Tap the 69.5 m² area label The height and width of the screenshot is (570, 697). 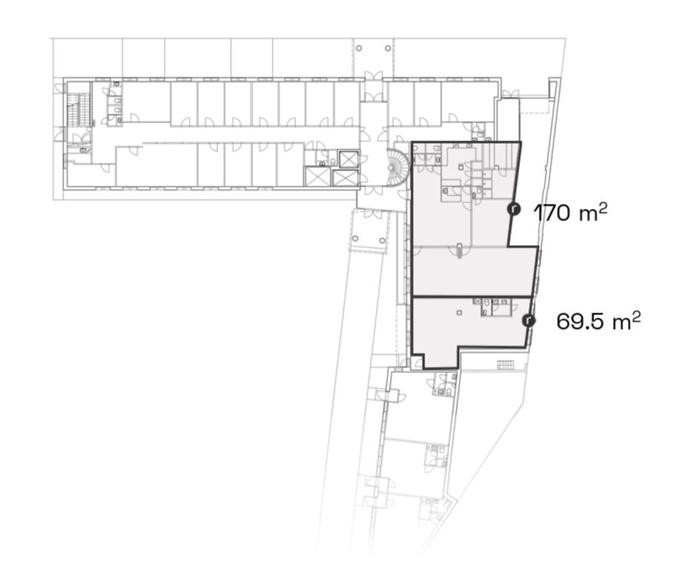point(598,321)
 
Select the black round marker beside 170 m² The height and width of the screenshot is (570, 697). point(514,209)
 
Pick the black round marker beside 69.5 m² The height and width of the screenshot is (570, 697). point(529,320)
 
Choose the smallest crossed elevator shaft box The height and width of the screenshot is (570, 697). point(348,159)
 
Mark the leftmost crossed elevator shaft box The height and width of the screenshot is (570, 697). point(318,177)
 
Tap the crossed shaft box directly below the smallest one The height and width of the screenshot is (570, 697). point(345,178)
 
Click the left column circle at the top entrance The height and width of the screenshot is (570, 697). point(359,48)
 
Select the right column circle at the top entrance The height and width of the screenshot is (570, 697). point(388,48)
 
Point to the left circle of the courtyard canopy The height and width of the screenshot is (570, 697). point(355,239)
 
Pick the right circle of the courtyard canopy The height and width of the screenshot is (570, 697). point(383,240)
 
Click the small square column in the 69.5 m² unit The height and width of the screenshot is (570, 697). point(459,312)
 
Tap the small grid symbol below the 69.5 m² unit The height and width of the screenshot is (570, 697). point(505,365)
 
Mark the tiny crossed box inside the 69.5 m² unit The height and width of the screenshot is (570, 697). point(477,301)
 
